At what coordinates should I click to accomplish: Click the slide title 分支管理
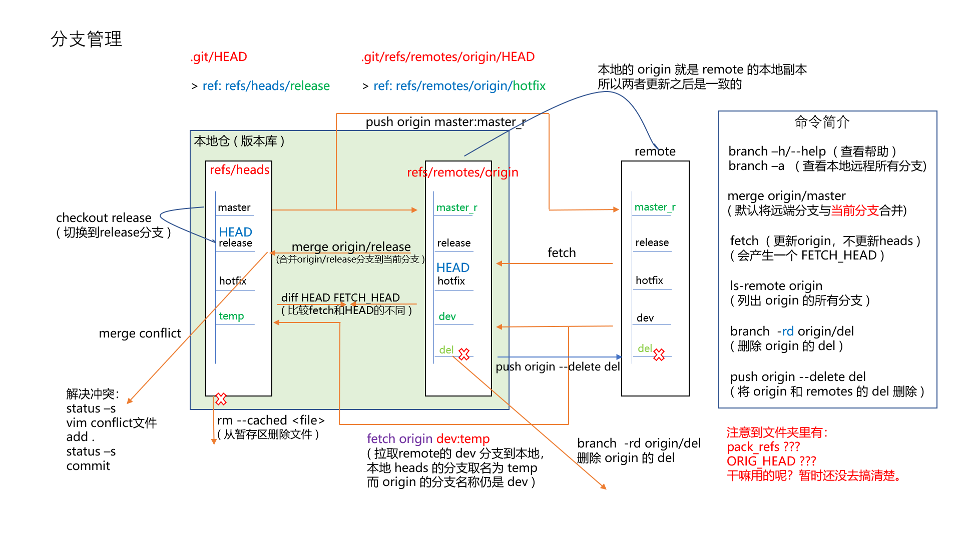[x=86, y=39]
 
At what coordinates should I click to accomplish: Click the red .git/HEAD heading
[x=219, y=57]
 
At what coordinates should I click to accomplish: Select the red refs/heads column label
[x=239, y=170]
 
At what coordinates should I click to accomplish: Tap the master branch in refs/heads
[x=234, y=207]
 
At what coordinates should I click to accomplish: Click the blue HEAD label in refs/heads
[x=235, y=232]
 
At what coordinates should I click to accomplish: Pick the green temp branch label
[x=231, y=316]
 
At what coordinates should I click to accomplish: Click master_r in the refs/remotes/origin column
[x=456, y=207]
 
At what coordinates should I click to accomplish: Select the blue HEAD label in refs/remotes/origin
[x=452, y=267]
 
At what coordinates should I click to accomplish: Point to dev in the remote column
[x=645, y=318]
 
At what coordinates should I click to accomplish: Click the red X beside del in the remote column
[x=659, y=354]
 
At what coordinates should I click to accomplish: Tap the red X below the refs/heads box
[x=221, y=399]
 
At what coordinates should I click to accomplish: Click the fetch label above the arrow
[x=562, y=253]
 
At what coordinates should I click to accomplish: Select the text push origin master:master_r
[x=445, y=122]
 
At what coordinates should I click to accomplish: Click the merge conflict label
[x=140, y=333]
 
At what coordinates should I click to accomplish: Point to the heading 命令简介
[x=822, y=122]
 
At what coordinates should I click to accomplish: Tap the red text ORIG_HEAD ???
[x=771, y=461]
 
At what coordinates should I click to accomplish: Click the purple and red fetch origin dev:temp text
[x=428, y=439]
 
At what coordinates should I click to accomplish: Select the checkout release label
[x=104, y=218]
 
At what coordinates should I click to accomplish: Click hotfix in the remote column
[x=649, y=280]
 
